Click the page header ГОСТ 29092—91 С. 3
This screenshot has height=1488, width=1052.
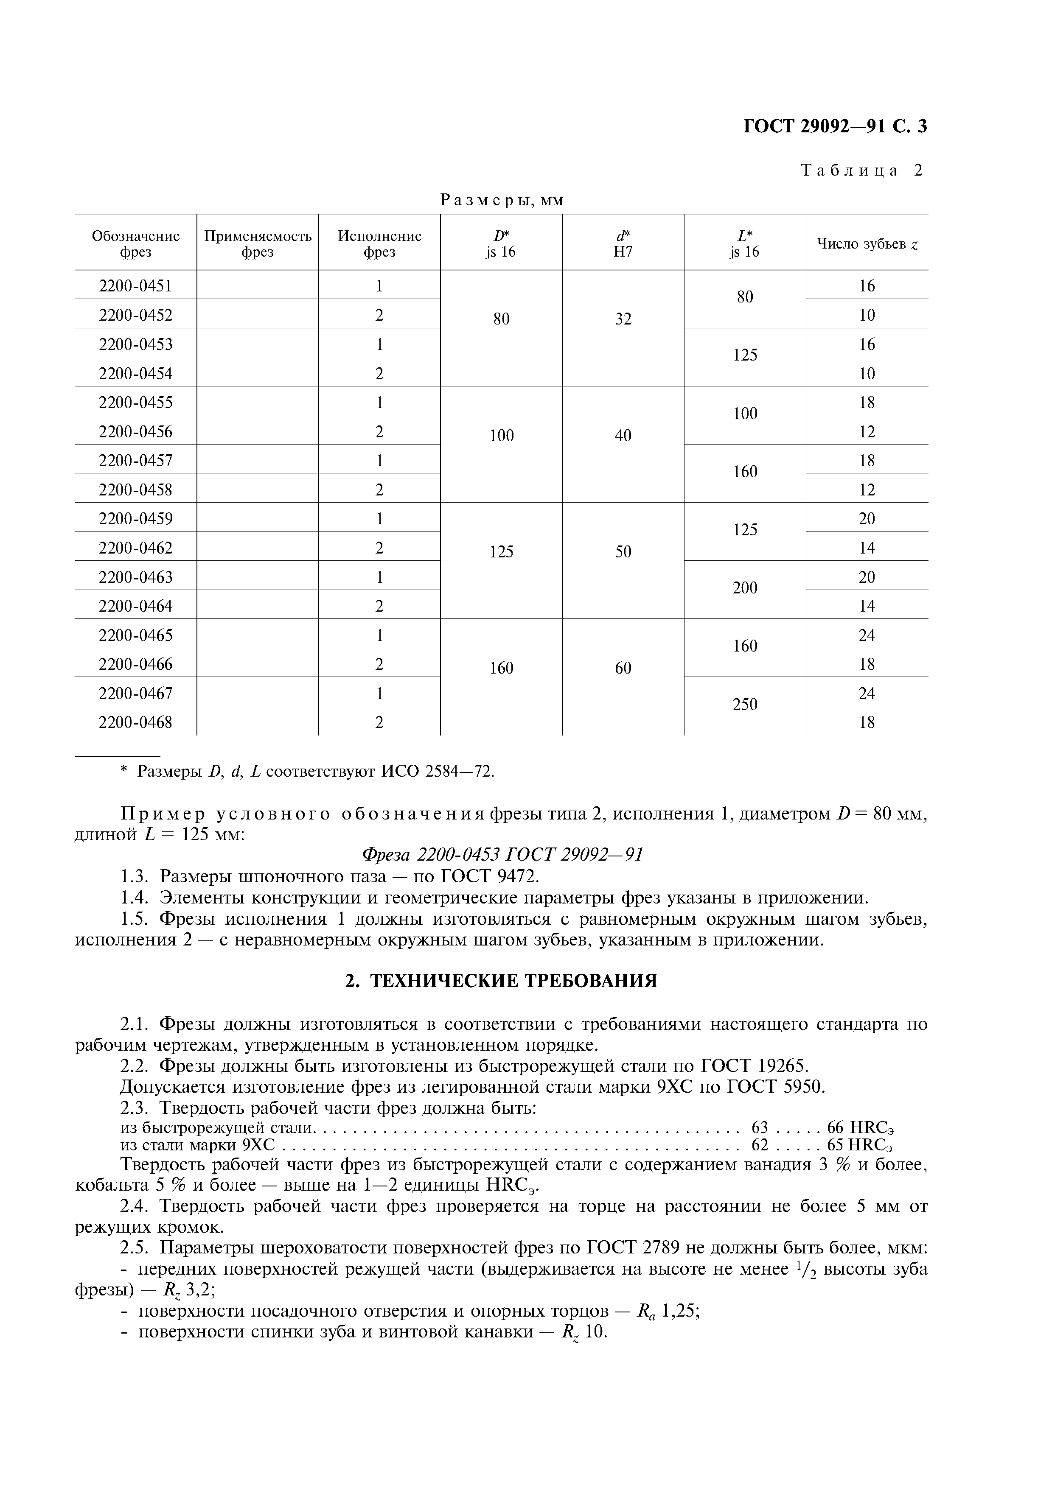[x=834, y=126]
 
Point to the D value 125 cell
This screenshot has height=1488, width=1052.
[x=501, y=551]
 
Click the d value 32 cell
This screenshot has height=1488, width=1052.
[x=623, y=319]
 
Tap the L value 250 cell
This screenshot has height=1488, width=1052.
[x=745, y=705]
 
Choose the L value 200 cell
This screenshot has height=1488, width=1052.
[x=745, y=588]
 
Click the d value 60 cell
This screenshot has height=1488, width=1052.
[x=623, y=668]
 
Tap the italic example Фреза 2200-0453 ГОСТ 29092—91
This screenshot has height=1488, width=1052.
[x=502, y=855]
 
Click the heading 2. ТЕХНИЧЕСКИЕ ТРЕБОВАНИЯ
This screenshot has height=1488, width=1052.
[x=501, y=981]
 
